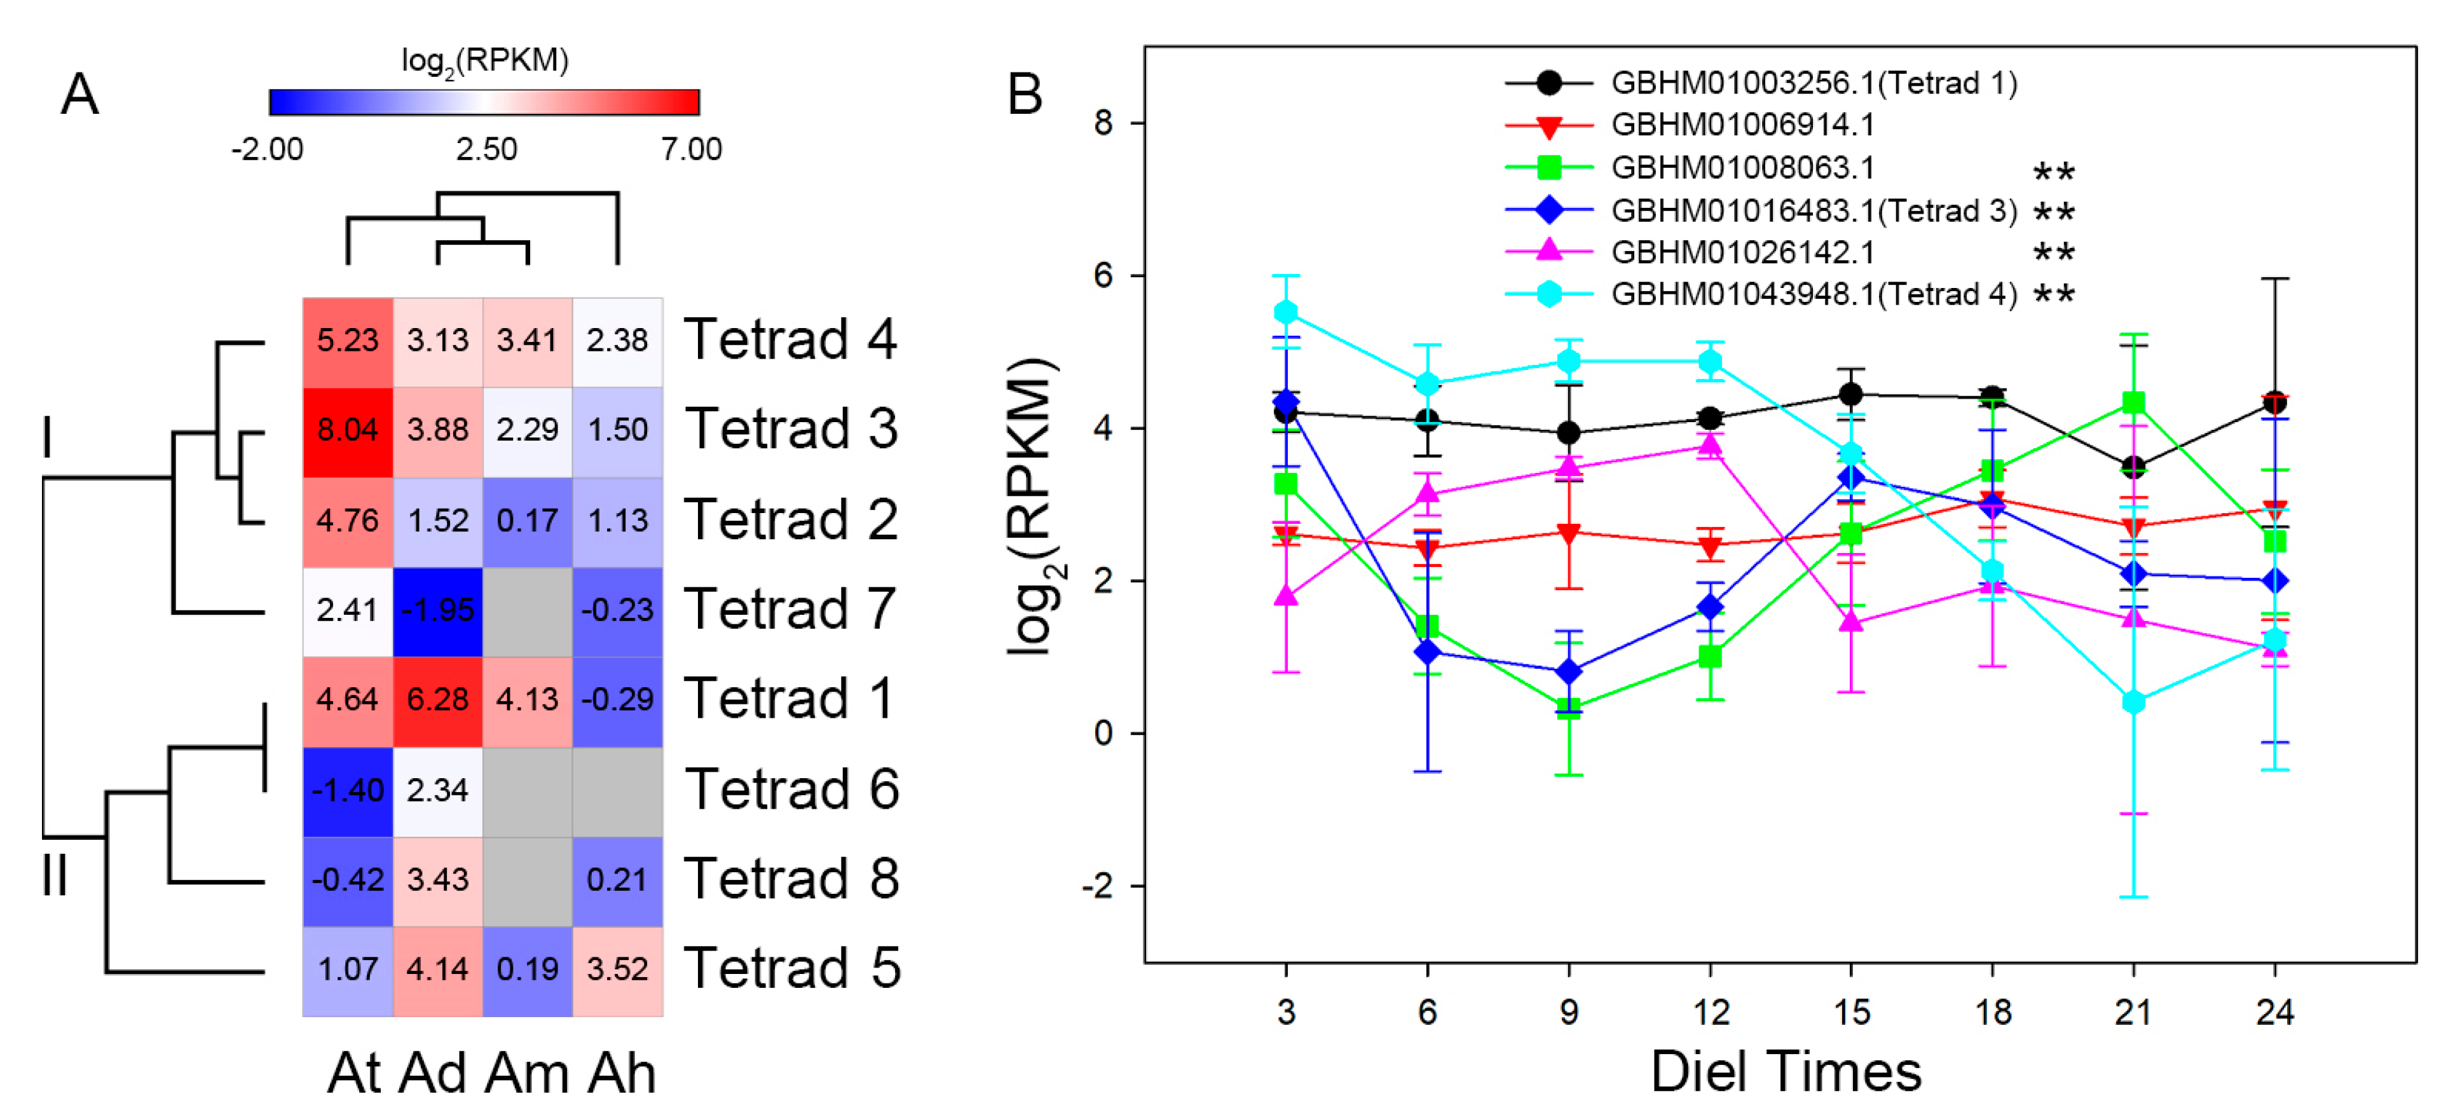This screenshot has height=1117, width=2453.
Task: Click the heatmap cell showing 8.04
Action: [348, 430]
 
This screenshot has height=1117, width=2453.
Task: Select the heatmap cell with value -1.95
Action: [437, 610]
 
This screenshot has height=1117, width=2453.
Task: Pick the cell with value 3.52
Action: [617, 970]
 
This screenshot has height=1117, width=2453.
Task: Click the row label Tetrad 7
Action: [789, 610]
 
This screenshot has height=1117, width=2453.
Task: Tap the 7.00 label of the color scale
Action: [692, 149]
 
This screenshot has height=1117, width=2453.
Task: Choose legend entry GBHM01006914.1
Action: [1742, 125]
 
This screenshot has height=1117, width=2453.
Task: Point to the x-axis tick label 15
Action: [1851, 1012]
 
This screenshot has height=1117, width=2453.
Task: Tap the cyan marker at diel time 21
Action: [2134, 702]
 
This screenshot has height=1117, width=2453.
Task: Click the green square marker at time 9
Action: [1568, 708]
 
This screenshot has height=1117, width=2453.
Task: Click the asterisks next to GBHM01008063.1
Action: [2054, 172]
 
